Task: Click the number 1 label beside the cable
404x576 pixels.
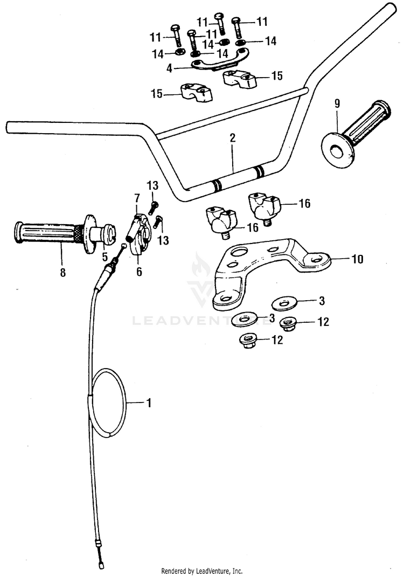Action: (149, 402)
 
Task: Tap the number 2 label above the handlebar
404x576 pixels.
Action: (232, 138)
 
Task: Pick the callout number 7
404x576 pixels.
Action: (137, 198)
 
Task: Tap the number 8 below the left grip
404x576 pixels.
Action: (62, 273)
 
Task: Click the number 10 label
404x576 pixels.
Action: (357, 260)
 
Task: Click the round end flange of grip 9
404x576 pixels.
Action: (338, 147)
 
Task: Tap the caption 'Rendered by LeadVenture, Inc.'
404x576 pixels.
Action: (202, 571)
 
